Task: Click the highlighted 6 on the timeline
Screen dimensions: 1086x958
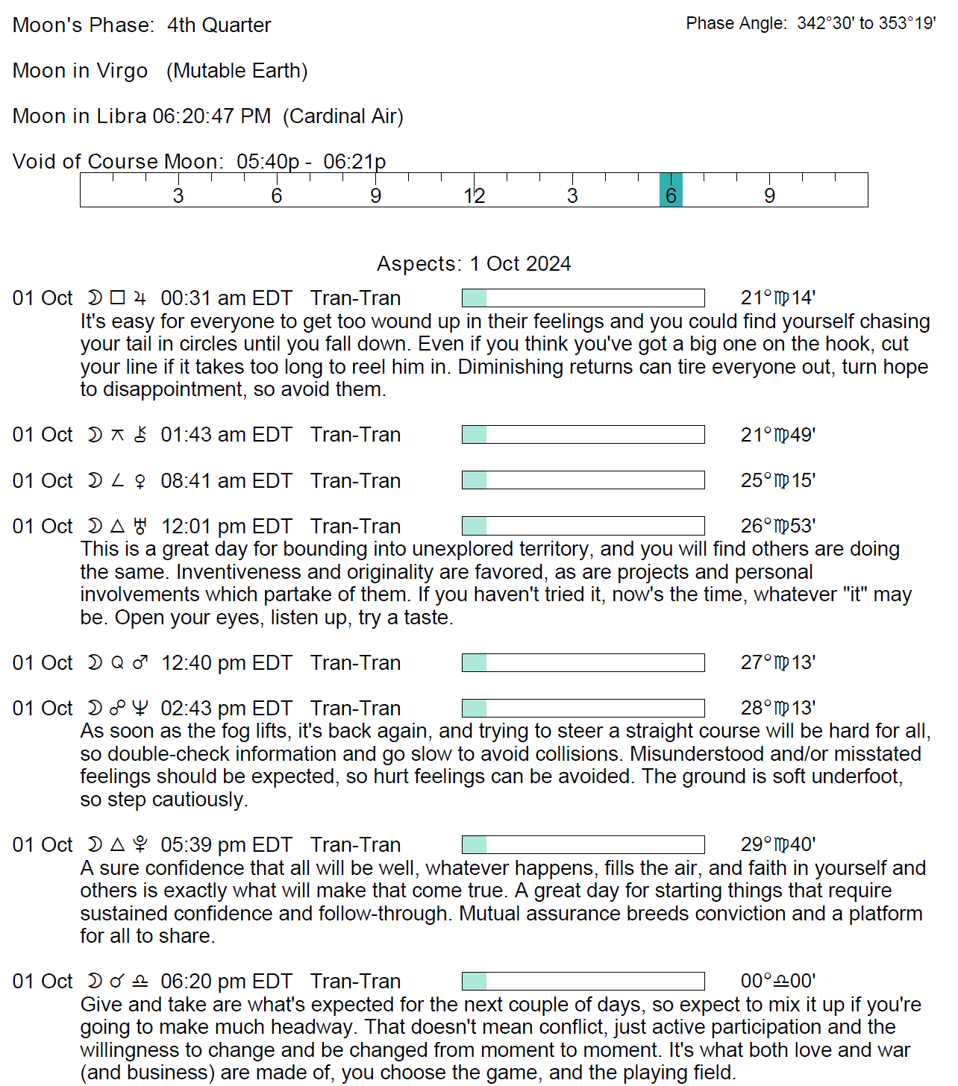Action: pyautogui.click(x=671, y=195)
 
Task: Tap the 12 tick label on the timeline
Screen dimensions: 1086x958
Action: pyautogui.click(x=474, y=195)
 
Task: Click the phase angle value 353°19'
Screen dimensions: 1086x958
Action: pyautogui.click(x=907, y=23)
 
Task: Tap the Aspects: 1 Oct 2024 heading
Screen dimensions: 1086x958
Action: pyautogui.click(x=474, y=264)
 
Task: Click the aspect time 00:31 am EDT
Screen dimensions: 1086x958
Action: pyautogui.click(x=226, y=298)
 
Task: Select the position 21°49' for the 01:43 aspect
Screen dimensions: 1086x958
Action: pyautogui.click(x=777, y=435)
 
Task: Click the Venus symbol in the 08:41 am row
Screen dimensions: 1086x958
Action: pyautogui.click(x=140, y=481)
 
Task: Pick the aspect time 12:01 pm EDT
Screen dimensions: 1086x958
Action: pyautogui.click(x=226, y=527)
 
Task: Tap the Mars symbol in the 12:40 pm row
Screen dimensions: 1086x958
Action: pyautogui.click(x=140, y=662)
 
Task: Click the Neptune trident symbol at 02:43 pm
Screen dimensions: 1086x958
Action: pyautogui.click(x=140, y=708)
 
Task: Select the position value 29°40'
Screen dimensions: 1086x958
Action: pyautogui.click(x=777, y=844)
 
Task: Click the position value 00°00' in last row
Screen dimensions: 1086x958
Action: pyautogui.click(x=777, y=981)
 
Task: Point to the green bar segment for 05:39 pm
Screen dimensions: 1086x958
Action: pyautogui.click(x=475, y=844)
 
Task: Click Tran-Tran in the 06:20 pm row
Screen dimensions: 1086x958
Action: pyautogui.click(x=355, y=982)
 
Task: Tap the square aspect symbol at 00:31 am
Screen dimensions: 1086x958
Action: pyautogui.click(x=117, y=298)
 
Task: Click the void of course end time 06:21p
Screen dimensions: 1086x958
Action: pyautogui.click(x=354, y=162)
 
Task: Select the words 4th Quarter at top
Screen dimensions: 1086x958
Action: pyautogui.click(x=219, y=25)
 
